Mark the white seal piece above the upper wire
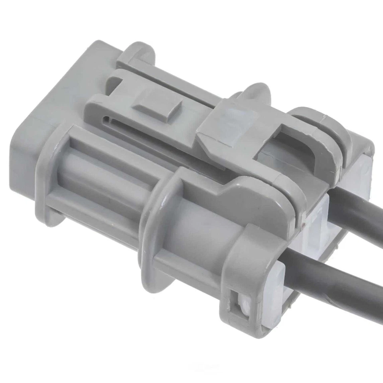tap(361, 176)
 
